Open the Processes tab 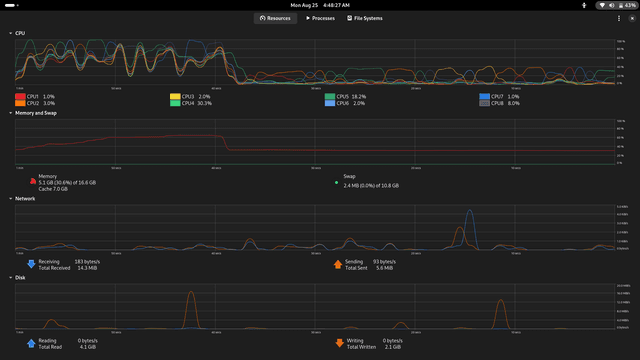point(321,18)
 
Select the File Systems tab point(364,18)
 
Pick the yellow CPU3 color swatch point(175,96)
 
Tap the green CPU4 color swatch point(175,103)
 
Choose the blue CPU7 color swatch point(485,96)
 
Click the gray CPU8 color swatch point(485,103)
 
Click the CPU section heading point(20,33)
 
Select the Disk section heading point(20,277)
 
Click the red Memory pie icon point(30,181)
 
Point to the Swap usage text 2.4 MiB point(371,185)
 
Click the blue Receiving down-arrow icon point(30,264)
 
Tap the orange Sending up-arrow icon point(337,264)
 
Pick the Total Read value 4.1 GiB point(85,346)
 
